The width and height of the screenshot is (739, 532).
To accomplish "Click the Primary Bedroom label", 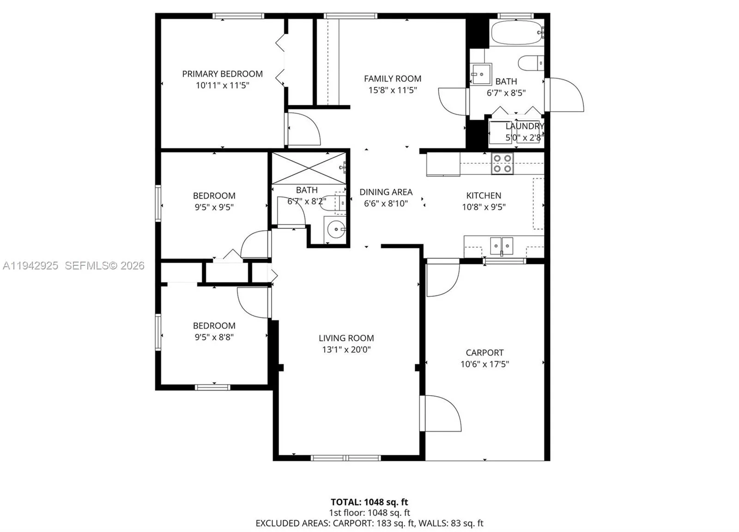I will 222,74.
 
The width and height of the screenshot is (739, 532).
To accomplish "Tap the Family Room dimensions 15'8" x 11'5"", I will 392,90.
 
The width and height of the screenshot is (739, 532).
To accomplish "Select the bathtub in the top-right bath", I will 516,32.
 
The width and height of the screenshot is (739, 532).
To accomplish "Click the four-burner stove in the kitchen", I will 502,164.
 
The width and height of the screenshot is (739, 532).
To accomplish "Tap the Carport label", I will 485,353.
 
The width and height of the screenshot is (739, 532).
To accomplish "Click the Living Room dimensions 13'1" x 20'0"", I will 346,350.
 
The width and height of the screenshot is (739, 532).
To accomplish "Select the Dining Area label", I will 386,192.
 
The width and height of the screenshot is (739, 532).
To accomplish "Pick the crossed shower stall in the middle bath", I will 308,168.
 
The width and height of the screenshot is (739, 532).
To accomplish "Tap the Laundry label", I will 524,126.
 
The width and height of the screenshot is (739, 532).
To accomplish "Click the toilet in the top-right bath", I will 530,63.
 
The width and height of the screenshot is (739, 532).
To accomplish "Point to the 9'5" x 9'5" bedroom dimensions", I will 214,208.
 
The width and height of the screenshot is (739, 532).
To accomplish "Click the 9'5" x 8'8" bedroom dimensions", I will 214,337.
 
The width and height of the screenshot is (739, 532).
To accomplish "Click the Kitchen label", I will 484,196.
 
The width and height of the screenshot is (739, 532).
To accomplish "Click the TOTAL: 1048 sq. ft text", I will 369,502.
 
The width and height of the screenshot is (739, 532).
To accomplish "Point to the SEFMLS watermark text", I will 104,266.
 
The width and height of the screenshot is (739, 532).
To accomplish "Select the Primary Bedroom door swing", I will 303,129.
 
